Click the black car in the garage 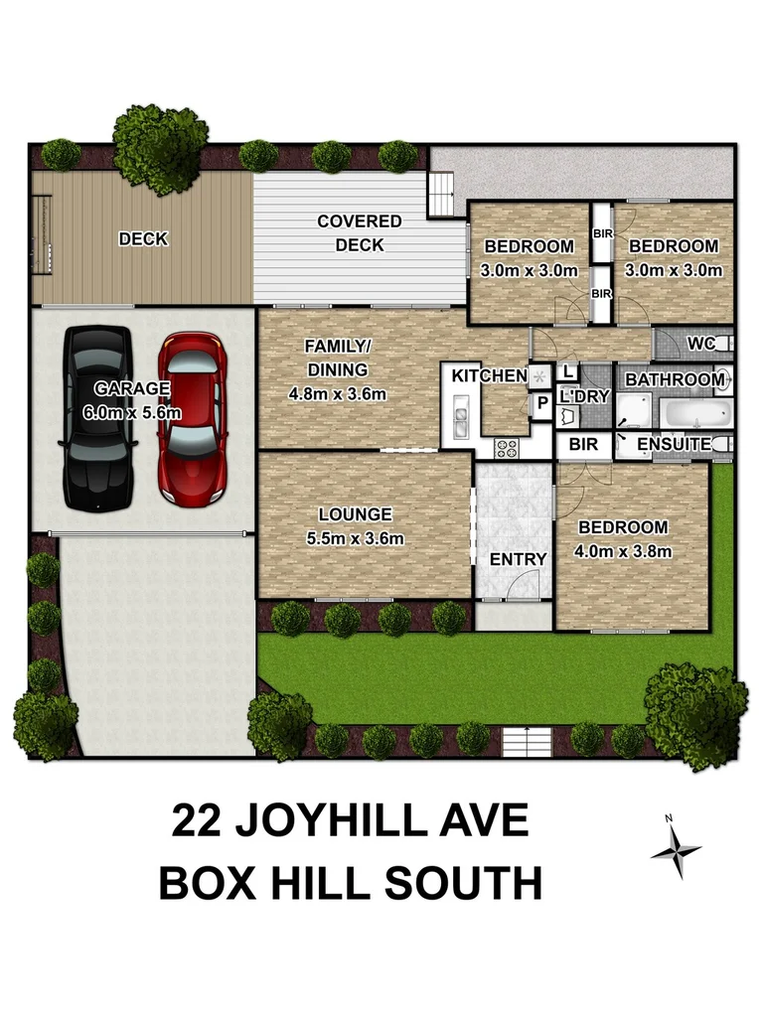(x=98, y=417)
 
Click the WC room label (x=701, y=344)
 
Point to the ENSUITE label (x=675, y=444)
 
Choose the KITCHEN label (x=489, y=375)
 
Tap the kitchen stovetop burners (x=506, y=447)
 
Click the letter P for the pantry (x=542, y=403)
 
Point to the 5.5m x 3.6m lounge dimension (x=355, y=539)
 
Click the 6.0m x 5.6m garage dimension (x=132, y=410)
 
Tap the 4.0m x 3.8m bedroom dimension (x=624, y=551)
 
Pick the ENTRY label (x=519, y=559)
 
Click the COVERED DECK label (x=360, y=233)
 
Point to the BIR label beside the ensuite (x=584, y=444)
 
